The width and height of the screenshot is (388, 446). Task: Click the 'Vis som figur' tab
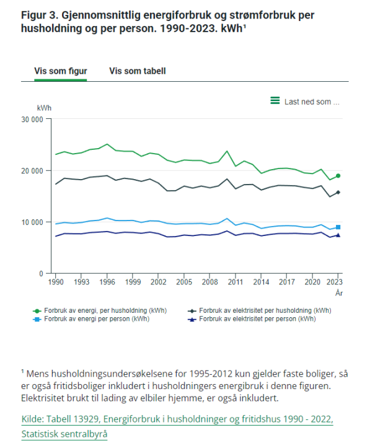click(x=60, y=71)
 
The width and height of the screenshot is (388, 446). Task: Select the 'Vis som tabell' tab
click(x=137, y=71)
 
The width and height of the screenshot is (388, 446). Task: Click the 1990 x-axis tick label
click(x=56, y=282)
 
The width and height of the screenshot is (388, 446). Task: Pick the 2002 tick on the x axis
click(x=158, y=282)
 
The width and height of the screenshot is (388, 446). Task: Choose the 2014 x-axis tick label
click(x=261, y=282)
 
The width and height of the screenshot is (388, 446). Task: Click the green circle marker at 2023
click(x=338, y=176)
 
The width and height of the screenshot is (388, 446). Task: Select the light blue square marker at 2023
click(x=338, y=227)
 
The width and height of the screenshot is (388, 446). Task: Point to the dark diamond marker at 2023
click(x=338, y=193)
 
